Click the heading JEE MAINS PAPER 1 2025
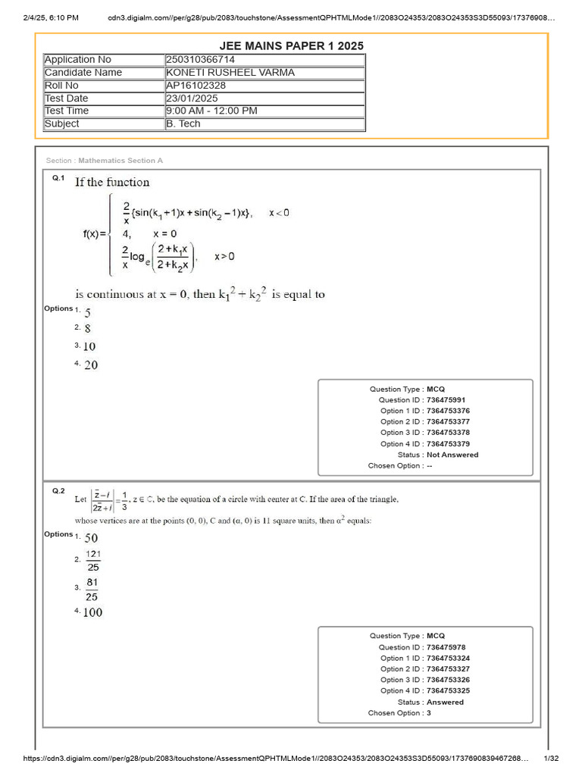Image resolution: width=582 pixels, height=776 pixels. point(291,45)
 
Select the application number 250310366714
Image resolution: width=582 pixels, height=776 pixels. point(201,60)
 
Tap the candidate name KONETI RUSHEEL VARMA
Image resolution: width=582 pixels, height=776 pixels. point(230,73)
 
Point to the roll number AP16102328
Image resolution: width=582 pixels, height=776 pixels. point(196,86)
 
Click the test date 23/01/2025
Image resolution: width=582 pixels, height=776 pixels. point(191,99)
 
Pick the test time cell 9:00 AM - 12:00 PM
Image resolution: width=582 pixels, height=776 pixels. point(211,111)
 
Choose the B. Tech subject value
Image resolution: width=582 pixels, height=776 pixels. point(183,124)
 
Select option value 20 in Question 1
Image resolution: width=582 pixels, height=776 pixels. point(90,365)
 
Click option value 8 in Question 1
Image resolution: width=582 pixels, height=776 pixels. point(88,329)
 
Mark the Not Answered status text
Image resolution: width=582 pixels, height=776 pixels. point(453,455)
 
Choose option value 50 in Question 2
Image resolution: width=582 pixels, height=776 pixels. point(91,538)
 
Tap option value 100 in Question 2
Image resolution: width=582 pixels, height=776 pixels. point(92,612)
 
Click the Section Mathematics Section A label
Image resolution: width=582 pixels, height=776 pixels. point(105,161)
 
